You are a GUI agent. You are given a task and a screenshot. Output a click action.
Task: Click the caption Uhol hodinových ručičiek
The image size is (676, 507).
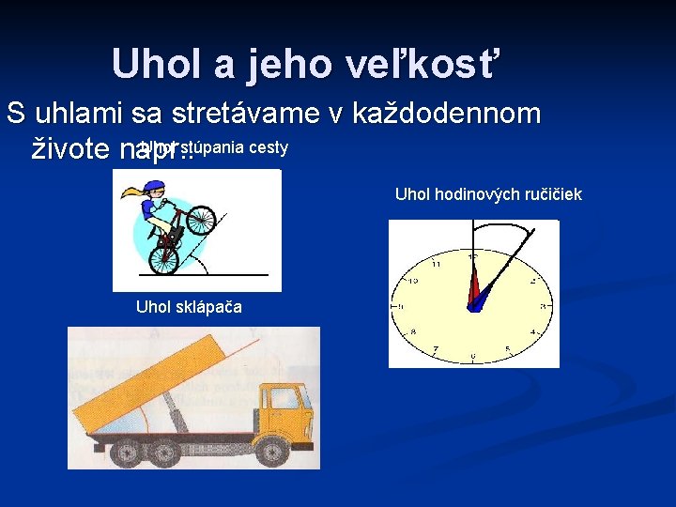pos(488,194)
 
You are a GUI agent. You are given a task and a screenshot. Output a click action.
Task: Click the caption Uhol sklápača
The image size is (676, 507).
pos(189,306)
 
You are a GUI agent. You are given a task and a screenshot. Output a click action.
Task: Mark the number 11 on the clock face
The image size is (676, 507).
pos(437,265)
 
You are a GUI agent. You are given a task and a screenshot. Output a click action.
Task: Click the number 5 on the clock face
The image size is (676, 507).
pos(508,349)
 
